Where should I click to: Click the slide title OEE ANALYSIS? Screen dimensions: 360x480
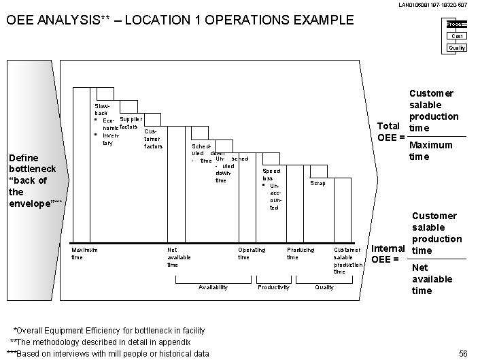coord(179,19)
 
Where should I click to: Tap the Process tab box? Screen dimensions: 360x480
coord(456,24)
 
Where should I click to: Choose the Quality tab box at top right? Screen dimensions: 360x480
coord(457,48)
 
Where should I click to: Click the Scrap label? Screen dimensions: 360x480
coord(318,183)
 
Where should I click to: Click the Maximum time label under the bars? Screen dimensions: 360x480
coord(84,253)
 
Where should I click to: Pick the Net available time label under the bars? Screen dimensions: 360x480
coord(179,257)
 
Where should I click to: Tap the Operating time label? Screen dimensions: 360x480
coord(252,253)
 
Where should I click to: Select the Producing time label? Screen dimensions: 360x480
coord(301,253)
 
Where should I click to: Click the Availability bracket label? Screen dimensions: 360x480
coord(213,287)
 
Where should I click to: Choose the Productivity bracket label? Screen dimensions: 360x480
coord(273,287)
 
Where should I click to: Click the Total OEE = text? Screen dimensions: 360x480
coord(391,132)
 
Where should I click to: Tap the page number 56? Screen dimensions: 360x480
coord(464,353)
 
